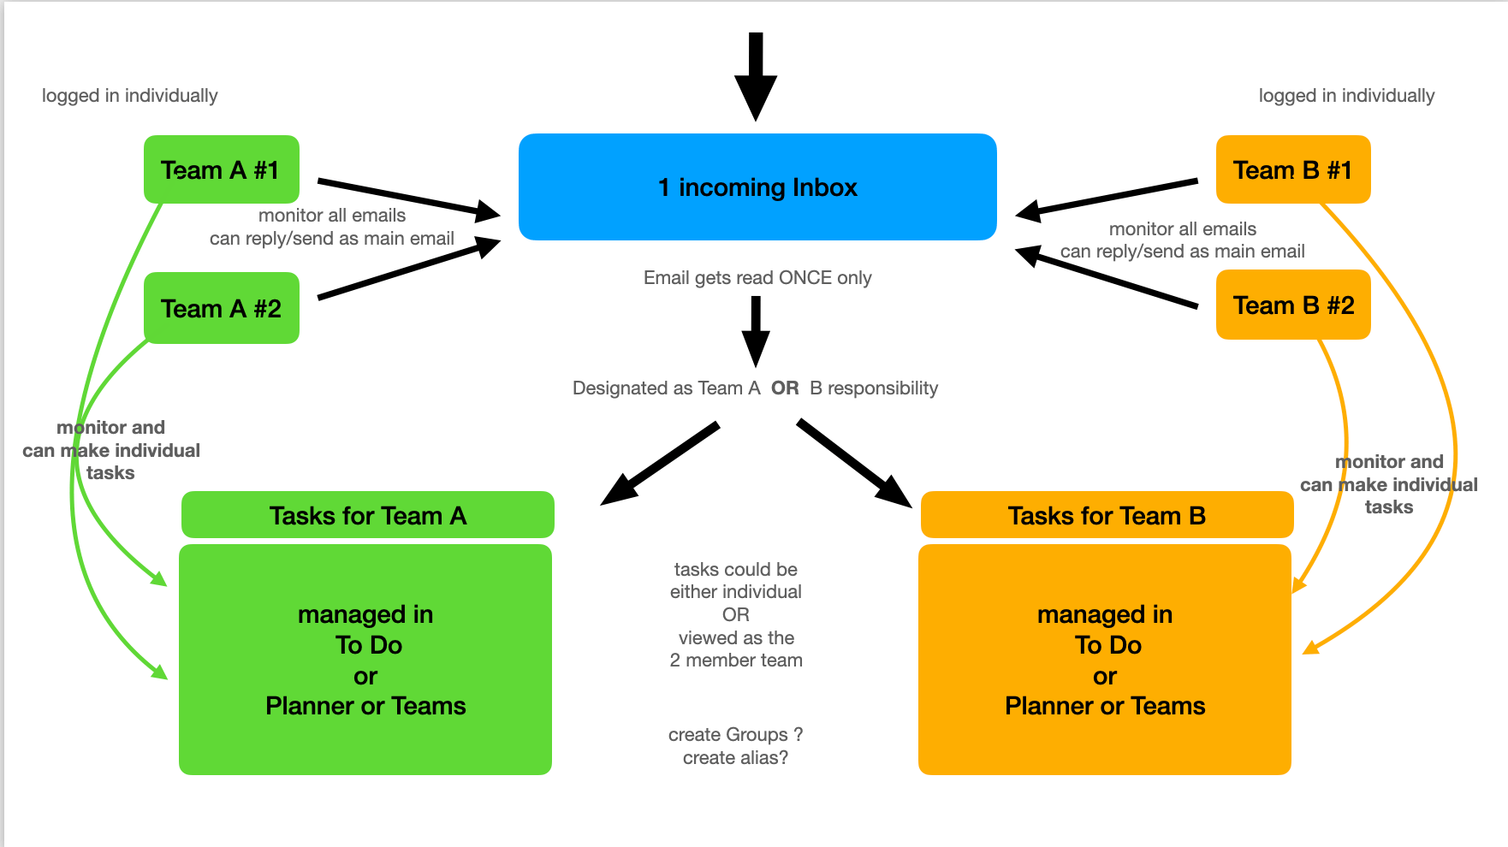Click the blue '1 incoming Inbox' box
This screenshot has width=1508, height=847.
757,187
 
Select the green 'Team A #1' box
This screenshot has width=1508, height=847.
222,169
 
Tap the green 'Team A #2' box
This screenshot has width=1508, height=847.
222,308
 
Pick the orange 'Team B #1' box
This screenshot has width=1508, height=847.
1293,169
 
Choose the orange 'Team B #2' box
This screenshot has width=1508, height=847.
1293,305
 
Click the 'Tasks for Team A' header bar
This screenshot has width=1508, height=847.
368,515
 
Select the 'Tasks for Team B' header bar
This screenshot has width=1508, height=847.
1107,515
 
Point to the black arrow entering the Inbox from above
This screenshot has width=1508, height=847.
756,77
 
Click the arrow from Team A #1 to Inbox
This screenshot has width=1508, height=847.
409,198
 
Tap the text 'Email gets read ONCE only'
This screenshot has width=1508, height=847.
757,278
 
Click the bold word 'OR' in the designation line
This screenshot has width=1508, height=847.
785,388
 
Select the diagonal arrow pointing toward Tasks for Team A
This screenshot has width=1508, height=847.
660,464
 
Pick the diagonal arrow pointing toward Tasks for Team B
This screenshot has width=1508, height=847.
854,464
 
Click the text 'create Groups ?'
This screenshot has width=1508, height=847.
735,735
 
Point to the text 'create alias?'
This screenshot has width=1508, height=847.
735,758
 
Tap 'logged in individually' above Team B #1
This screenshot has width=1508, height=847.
1346,96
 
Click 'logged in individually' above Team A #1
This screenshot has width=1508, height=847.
130,96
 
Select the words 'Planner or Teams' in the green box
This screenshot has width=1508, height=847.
365,706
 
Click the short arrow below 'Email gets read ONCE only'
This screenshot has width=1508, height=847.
756,332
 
